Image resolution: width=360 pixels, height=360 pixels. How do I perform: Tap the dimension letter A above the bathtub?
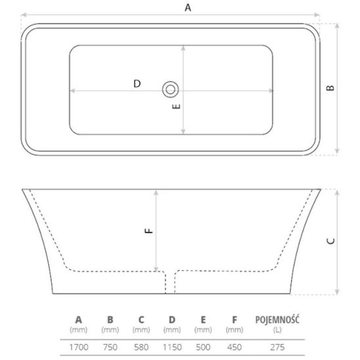click(188, 8)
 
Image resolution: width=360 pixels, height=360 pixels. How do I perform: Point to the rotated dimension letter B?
click(330, 88)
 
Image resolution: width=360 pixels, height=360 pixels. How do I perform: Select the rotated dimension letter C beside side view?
click(330, 241)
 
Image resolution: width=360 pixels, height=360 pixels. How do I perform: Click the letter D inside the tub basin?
click(137, 83)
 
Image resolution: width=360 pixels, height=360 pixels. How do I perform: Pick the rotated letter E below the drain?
click(176, 106)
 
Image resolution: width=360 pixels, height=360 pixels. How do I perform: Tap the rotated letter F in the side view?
click(148, 231)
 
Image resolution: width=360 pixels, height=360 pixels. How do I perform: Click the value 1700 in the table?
click(79, 347)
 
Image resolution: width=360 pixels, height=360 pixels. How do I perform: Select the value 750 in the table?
click(110, 347)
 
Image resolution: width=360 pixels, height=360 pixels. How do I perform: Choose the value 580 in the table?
click(141, 347)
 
